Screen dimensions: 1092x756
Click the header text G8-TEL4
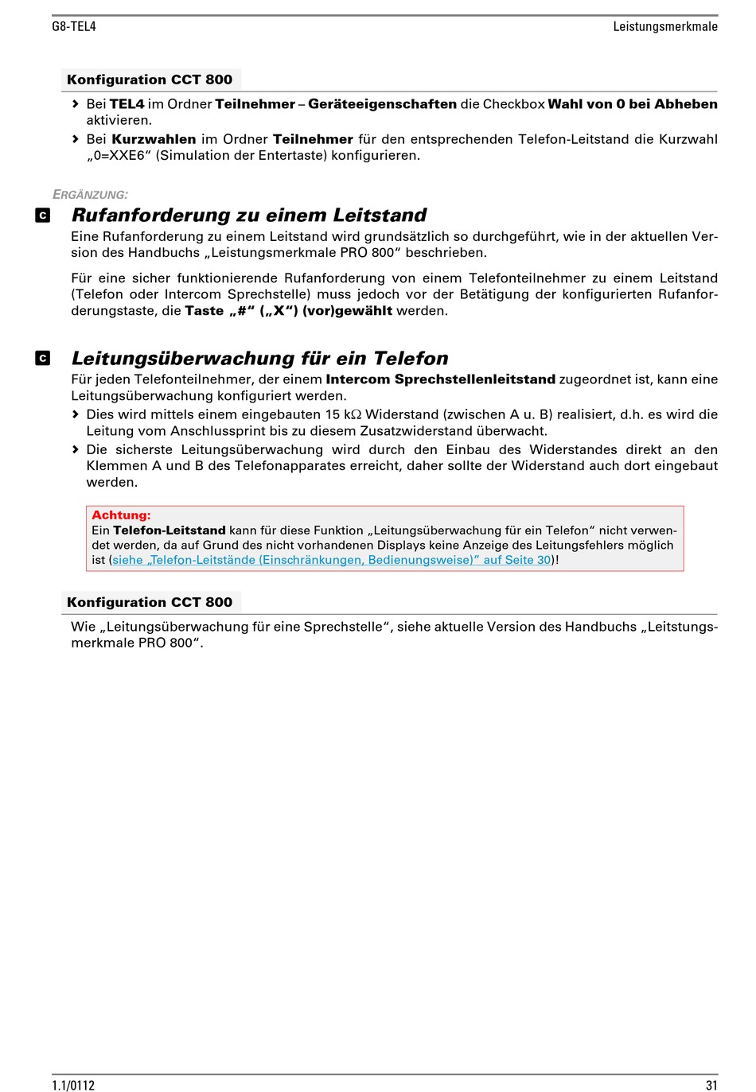pos(74,26)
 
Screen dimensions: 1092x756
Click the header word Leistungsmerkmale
pos(664,26)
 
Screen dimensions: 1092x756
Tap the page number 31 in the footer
pos(711,1085)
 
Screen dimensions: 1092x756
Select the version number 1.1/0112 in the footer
pos(73,1085)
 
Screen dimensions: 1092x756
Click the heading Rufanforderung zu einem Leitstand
pos(249,216)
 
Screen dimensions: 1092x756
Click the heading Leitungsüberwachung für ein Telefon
pos(259,359)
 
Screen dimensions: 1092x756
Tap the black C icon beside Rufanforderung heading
pos(43,216)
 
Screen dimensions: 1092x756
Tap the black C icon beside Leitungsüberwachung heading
pos(43,359)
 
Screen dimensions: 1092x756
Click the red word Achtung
pos(121,515)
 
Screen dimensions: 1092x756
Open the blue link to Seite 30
pos(331,560)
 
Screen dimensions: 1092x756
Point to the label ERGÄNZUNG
pos(90,195)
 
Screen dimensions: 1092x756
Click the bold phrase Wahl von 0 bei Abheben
pos(633,104)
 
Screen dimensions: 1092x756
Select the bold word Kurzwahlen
pos(154,139)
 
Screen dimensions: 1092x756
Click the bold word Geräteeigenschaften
pos(382,104)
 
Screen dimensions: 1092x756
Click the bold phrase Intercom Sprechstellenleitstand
pos(440,379)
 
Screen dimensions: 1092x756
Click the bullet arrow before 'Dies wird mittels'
pos(76,414)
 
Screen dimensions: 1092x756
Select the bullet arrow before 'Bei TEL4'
pos(76,104)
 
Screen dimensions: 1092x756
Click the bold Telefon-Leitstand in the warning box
pos(169,530)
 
